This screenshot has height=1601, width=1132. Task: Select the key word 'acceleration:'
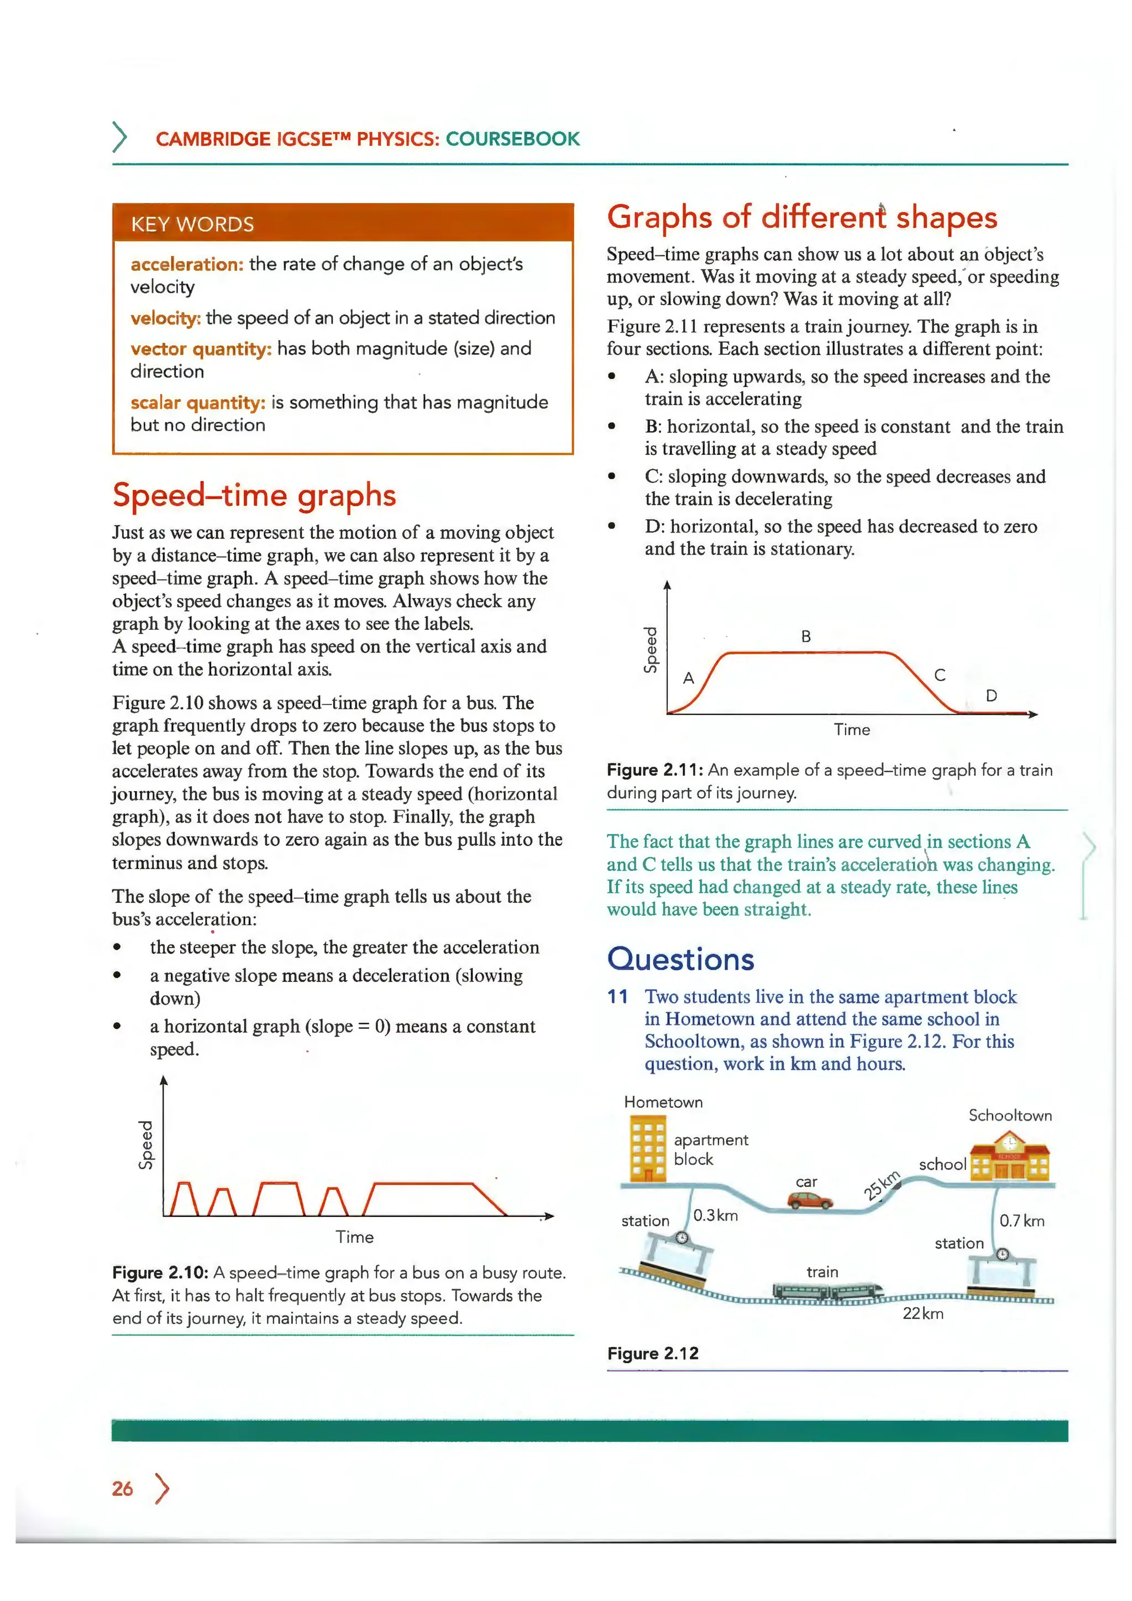click(187, 264)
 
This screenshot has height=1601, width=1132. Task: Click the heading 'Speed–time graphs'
click(254, 495)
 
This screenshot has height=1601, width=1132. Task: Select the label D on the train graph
click(991, 695)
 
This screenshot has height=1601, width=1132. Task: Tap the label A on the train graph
click(689, 678)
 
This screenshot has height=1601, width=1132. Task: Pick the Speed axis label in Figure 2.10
click(146, 1144)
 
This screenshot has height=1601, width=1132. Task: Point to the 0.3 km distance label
click(715, 1215)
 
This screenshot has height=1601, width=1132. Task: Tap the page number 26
click(123, 1489)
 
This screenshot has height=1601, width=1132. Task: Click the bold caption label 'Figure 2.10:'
click(160, 1273)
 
